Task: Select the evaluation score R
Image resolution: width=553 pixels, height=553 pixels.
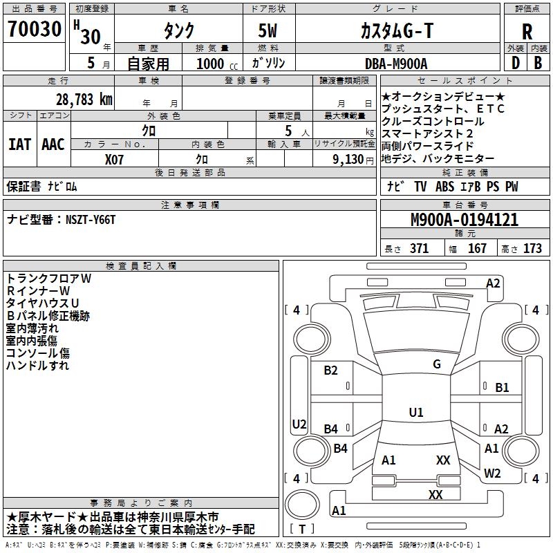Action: [527, 32]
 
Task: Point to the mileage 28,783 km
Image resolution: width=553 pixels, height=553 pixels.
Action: [83, 100]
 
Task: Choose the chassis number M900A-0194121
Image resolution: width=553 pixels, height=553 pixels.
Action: [464, 221]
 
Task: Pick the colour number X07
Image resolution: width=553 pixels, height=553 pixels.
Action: [115, 159]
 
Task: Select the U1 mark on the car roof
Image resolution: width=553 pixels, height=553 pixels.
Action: [415, 413]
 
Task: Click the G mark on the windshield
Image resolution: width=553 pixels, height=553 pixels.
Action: [436, 364]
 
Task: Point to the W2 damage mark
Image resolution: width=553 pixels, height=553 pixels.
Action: [492, 474]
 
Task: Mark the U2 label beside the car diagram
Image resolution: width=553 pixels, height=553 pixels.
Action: [299, 424]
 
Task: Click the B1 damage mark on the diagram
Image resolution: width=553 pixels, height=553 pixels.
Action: [502, 388]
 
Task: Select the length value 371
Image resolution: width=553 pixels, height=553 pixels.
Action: [418, 249]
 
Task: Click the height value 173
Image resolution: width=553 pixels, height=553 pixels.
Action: [532, 249]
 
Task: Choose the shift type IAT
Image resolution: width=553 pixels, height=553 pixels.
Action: [19, 144]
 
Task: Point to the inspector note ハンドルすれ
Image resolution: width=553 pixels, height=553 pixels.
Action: [38, 366]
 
